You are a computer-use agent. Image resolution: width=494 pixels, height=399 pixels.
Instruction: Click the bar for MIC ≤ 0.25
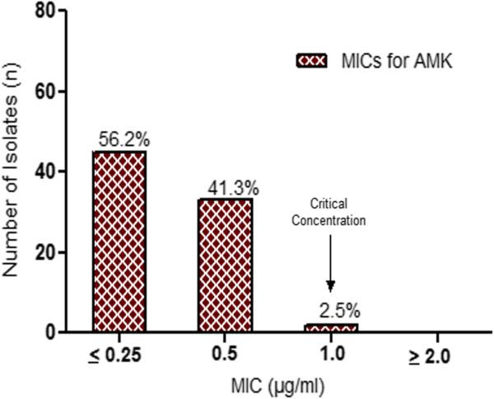pyautogui.click(x=119, y=242)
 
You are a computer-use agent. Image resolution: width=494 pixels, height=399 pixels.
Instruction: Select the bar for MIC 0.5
pyautogui.click(x=225, y=265)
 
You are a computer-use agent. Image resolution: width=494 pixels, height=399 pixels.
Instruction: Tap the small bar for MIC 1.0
pyautogui.click(x=331, y=328)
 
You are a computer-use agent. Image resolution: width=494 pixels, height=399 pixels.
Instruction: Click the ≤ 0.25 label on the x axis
pyautogui.click(x=118, y=356)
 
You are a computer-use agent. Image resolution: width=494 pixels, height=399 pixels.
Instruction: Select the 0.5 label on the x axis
pyautogui.click(x=225, y=356)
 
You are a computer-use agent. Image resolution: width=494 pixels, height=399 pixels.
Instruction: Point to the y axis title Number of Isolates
pyautogui.click(x=15, y=173)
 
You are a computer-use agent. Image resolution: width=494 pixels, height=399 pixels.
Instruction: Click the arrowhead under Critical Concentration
pyautogui.click(x=331, y=286)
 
